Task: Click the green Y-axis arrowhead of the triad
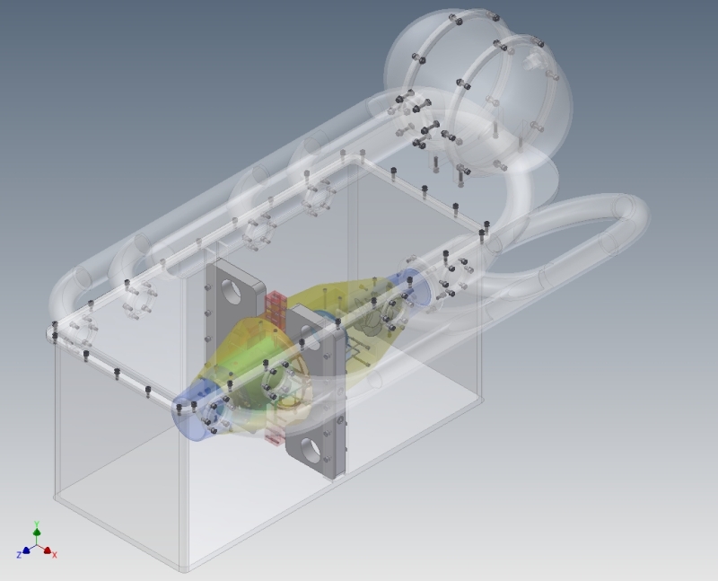coord(37,532)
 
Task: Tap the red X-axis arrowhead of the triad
coord(48,550)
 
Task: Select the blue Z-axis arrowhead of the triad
coord(26,550)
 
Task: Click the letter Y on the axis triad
coord(37,524)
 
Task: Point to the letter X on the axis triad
coord(55,555)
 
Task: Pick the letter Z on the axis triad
coord(19,555)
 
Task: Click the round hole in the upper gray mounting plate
coord(232,292)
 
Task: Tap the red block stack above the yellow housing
coord(276,306)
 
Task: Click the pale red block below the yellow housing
coord(274,436)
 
